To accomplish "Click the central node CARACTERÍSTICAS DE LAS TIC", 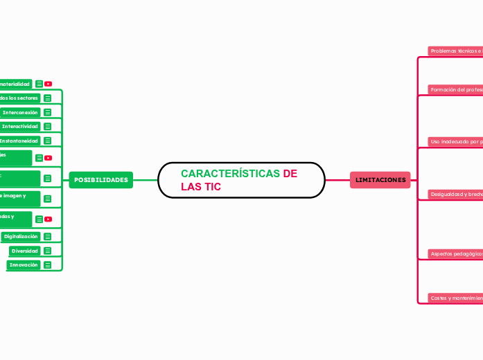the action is coord(241,180).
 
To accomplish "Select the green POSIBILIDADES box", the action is coord(101,180).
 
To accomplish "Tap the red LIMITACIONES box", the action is coord(380,180).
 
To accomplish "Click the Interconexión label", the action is coord(20,112).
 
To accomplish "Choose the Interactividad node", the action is coord(19,127).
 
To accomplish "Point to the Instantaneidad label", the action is coord(19,141).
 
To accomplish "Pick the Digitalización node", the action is coord(20,236).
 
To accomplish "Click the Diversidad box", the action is coord(24,251).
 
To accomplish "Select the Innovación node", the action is coord(23,264).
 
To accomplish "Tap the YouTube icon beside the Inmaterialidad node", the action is coord(49,84).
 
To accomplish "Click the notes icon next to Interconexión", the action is coord(48,112).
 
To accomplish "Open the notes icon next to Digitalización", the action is coord(48,237).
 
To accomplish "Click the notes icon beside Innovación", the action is coord(48,264).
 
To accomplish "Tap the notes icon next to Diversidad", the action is coord(48,251).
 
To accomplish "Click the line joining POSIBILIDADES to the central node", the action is coord(146,180).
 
